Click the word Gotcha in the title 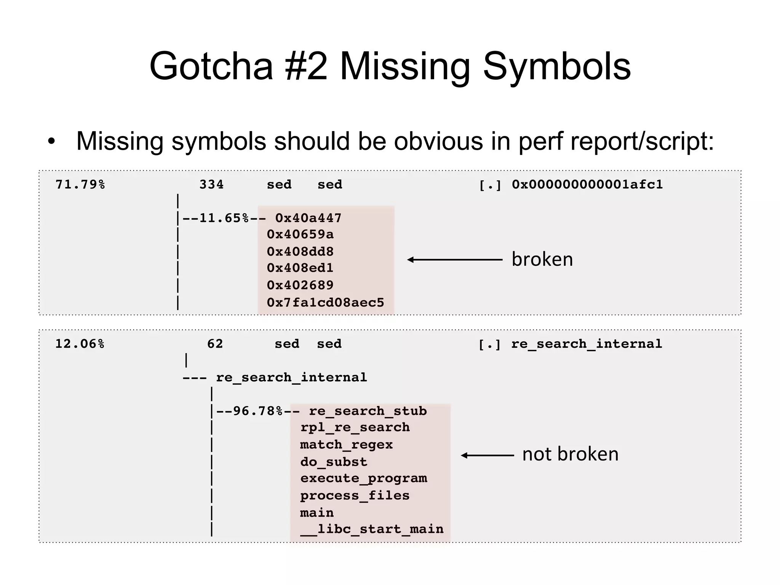211,67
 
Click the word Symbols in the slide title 556,67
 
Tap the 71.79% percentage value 80,185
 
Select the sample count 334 211,185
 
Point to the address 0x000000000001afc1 587,185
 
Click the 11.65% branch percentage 224,218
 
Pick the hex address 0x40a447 308,218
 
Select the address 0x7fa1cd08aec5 325,303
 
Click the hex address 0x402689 300,285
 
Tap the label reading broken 542,260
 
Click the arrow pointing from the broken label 455,260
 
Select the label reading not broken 570,454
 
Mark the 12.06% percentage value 80,344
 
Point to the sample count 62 215,344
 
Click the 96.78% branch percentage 257,411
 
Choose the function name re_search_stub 368,411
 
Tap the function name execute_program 364,478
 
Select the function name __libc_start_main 372,529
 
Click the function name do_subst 334,462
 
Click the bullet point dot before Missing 51,142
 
